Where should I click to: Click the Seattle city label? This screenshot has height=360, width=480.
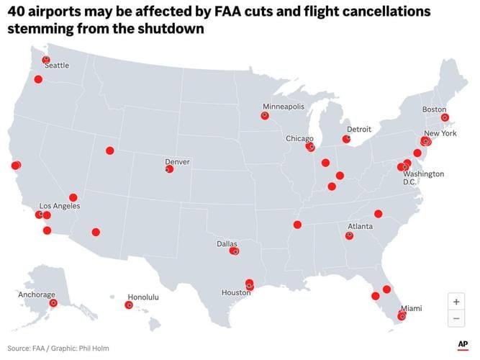[57, 66]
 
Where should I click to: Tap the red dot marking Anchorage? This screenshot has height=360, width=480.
[53, 303]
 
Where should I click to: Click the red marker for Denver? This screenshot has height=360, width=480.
[169, 169]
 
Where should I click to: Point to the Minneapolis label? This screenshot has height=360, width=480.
[283, 107]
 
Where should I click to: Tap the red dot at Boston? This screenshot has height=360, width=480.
[445, 117]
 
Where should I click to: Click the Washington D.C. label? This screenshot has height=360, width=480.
[423, 178]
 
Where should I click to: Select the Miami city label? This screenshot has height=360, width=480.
[412, 308]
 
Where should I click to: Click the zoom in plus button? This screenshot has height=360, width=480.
[456, 302]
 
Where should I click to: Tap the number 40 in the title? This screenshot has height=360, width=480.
[17, 12]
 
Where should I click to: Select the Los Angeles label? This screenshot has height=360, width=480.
[60, 206]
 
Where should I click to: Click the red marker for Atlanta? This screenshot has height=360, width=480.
[350, 235]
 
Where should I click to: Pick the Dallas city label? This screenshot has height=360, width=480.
[227, 244]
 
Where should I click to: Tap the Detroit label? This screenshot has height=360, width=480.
[358, 130]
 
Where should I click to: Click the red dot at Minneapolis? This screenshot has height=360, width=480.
[265, 115]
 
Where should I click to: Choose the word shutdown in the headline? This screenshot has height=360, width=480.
[174, 30]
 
